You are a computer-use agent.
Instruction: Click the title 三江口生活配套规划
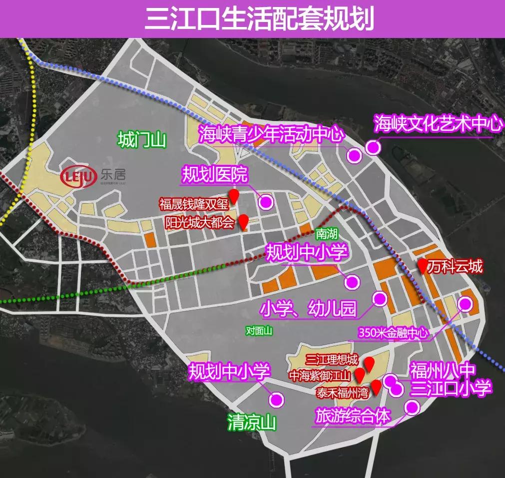click(252, 19)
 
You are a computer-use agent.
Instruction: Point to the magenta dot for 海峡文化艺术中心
click(373, 147)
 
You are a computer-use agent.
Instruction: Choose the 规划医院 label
click(214, 175)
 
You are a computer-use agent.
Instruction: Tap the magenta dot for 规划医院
click(266, 202)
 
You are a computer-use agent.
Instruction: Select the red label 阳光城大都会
click(199, 221)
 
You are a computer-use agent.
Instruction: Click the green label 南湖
click(327, 233)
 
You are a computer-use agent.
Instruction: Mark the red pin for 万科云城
click(423, 266)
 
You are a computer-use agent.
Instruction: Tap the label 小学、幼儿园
click(308, 309)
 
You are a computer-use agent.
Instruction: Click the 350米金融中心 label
click(394, 333)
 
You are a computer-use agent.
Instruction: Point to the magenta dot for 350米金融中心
click(465, 304)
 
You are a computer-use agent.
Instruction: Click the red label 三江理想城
click(332, 359)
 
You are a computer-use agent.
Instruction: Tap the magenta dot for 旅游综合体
click(412, 408)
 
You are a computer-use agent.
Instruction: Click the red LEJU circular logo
click(79, 177)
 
